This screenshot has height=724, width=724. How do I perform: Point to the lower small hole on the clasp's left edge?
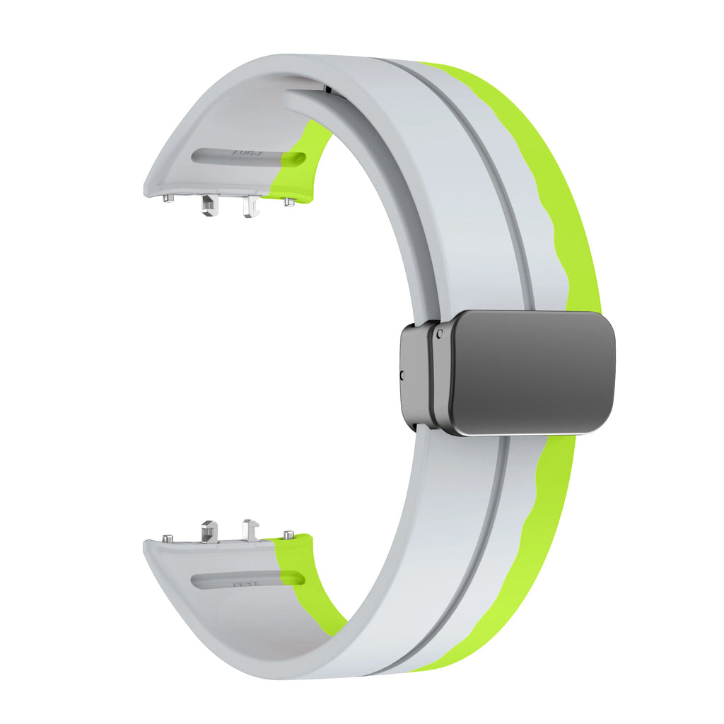(403, 375)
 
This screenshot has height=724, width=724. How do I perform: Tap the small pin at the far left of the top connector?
(168, 199)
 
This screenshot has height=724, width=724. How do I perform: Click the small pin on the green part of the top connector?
(288, 202)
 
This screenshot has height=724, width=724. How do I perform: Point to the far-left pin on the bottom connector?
(168, 538)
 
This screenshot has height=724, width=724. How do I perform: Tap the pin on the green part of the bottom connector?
(288, 535)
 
